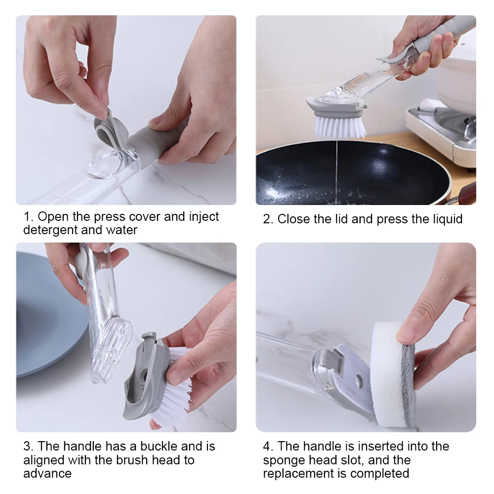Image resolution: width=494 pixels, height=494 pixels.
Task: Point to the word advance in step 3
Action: coord(47,474)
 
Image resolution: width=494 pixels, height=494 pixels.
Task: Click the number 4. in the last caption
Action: coord(268,447)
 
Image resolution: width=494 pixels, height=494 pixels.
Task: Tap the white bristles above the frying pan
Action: coord(340,126)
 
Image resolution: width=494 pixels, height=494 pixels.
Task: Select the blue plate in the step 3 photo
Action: coord(44,315)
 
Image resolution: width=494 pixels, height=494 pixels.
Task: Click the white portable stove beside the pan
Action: coord(441,135)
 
